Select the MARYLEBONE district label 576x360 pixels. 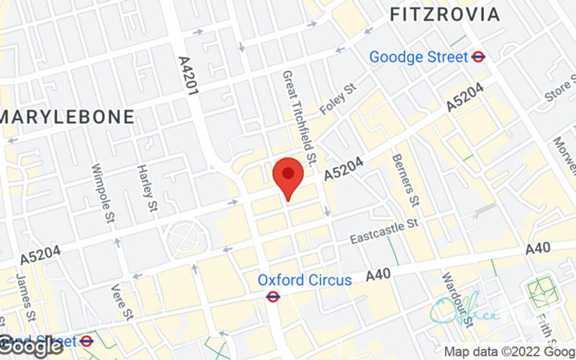(x=68, y=117)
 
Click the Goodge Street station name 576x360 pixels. (x=418, y=57)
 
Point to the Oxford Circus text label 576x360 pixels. (x=305, y=279)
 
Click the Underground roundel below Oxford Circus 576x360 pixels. (x=274, y=296)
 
